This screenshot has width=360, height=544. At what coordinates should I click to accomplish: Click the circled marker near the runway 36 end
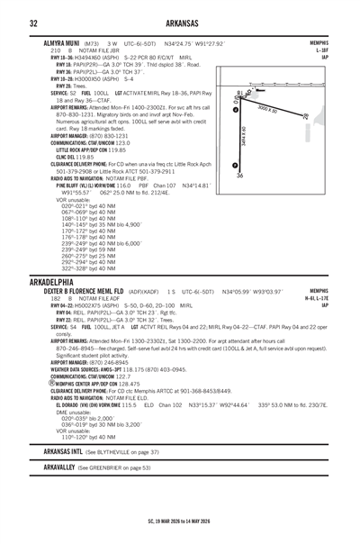[235, 165]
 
